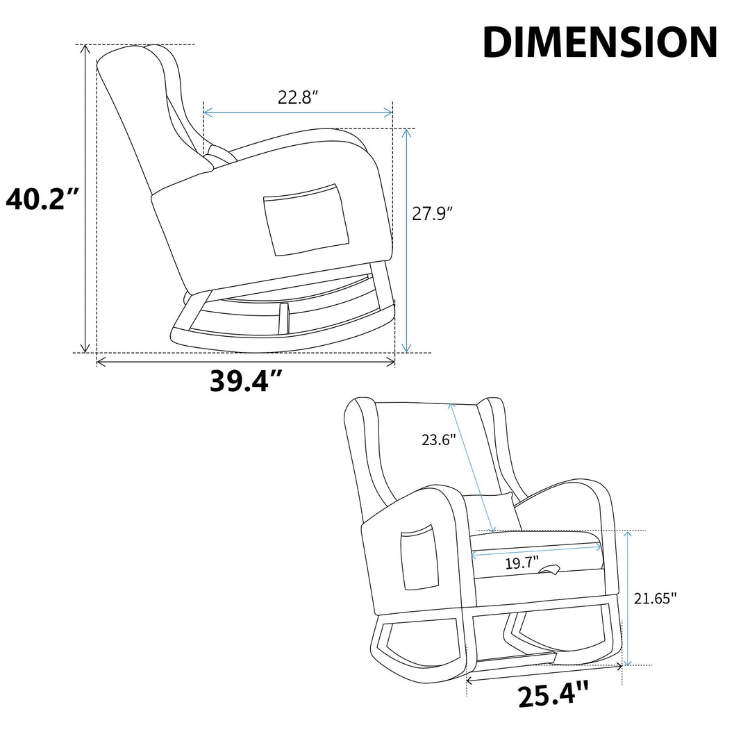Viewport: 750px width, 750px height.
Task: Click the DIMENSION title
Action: (x=600, y=42)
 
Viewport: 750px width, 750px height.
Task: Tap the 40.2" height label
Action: (x=42, y=199)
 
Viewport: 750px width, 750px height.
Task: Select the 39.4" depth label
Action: (x=246, y=381)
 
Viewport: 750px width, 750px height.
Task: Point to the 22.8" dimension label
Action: (x=298, y=97)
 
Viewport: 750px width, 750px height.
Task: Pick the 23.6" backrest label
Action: (x=439, y=439)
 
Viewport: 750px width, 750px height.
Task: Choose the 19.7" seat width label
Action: (x=522, y=563)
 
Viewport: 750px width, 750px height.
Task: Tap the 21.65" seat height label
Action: (x=656, y=598)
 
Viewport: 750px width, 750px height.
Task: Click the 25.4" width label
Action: (x=553, y=694)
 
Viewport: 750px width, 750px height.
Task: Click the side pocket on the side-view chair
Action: (x=306, y=219)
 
